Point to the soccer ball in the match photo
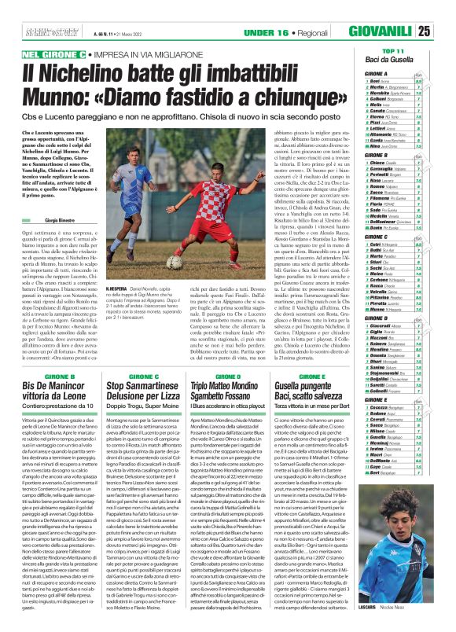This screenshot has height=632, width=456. pyautogui.click(x=175, y=263)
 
